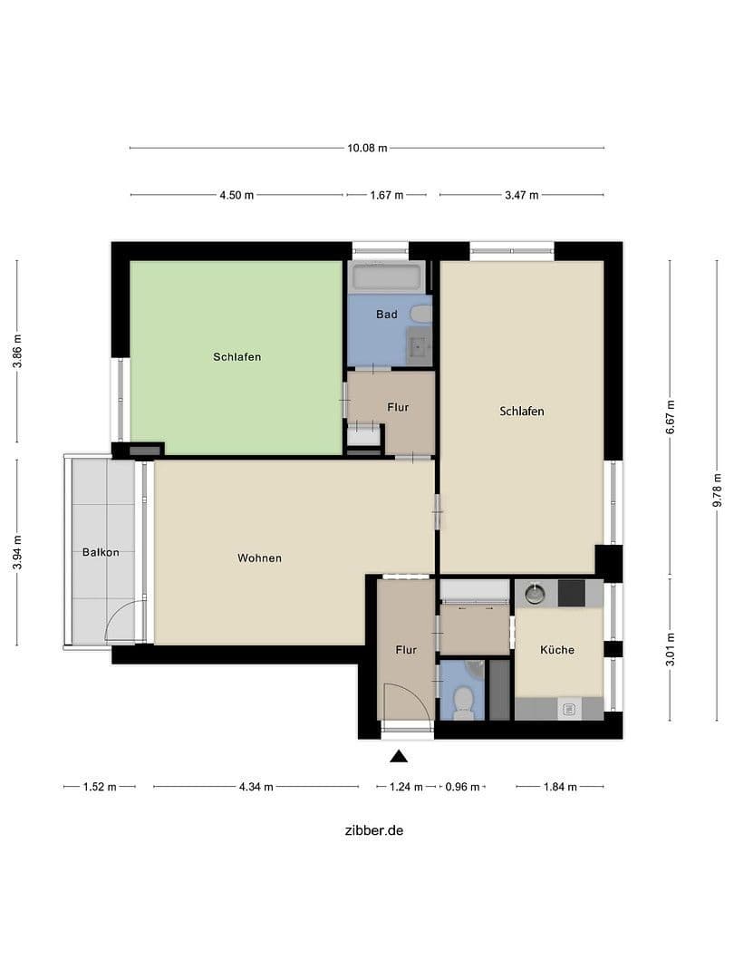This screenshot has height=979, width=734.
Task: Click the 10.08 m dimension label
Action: click(x=367, y=148)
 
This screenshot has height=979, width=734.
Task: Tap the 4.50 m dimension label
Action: click(x=237, y=195)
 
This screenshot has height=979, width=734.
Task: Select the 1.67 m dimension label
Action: click(x=387, y=195)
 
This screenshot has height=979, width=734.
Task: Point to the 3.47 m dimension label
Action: click(x=521, y=195)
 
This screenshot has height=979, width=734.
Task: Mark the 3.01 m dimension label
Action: click(x=670, y=649)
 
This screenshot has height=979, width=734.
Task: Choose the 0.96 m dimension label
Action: click(x=462, y=787)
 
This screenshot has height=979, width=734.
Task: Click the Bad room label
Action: click(x=387, y=315)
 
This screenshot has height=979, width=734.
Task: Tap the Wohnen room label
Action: click(x=259, y=557)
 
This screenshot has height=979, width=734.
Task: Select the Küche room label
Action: click(x=557, y=649)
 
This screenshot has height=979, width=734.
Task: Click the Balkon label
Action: click(x=100, y=552)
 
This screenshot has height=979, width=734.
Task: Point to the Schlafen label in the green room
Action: click(x=237, y=357)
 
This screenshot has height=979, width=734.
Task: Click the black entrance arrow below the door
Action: click(x=399, y=756)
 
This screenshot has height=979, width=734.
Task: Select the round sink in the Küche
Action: click(x=536, y=593)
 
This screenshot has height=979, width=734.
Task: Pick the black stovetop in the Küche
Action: click(x=572, y=593)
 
